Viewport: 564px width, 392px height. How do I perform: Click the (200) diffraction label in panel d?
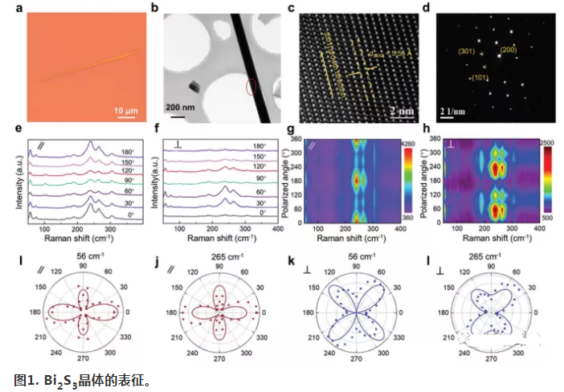510,50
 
